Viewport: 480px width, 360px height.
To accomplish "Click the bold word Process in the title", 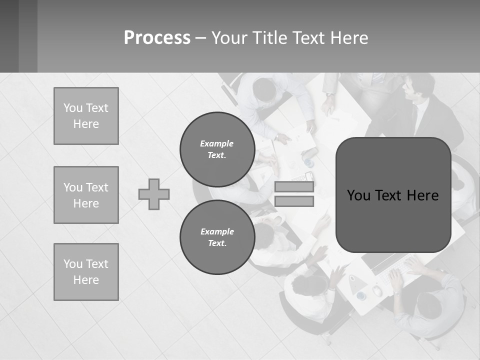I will click(x=157, y=38).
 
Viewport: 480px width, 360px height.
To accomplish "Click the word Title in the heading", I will click(x=269, y=38).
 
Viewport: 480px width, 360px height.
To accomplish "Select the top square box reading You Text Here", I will click(x=86, y=116).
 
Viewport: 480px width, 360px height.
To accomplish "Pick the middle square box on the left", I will click(x=86, y=195).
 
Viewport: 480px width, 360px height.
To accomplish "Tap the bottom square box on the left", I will click(x=86, y=272).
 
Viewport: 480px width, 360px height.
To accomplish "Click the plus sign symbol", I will click(x=154, y=194).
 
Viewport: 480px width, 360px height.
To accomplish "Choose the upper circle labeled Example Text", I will click(x=217, y=149).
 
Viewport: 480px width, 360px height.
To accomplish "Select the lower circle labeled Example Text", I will click(x=217, y=237).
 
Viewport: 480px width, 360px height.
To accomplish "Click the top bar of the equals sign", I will click(x=294, y=187).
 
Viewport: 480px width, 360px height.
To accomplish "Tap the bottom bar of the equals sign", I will click(x=294, y=201).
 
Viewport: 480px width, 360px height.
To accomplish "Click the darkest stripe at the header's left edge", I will click(x=9, y=36).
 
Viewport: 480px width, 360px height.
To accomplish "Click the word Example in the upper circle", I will click(x=217, y=143).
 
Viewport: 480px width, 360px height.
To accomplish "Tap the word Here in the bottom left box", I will click(x=86, y=280).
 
